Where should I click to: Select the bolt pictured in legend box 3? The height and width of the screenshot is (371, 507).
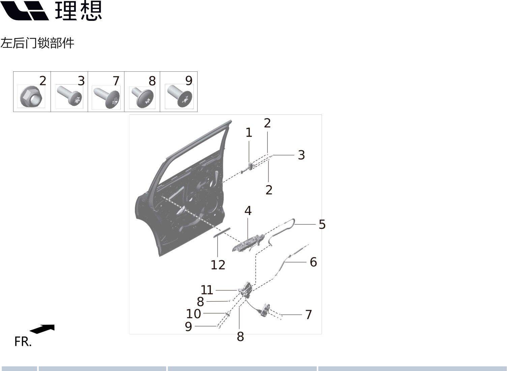pos(69,96)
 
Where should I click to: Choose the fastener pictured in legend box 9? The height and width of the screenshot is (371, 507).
pos(180,96)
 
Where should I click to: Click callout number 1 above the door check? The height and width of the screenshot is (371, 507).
pos(249,133)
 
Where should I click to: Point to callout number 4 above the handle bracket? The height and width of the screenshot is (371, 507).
pos(248,211)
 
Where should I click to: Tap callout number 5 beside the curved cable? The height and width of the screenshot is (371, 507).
pos(322,224)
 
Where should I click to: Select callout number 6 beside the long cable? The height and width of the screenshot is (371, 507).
pos(313,262)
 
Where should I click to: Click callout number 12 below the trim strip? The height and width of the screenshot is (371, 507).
pos(218,265)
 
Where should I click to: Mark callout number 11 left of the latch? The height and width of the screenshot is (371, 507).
pos(207,290)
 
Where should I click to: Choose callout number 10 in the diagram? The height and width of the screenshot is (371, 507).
pos(193,314)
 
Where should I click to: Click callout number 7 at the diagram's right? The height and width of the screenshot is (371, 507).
pos(308,314)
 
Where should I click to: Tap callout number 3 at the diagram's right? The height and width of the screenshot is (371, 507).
pos(301,155)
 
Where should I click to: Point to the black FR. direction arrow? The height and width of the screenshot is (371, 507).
pos(42,329)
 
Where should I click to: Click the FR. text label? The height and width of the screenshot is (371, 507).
pos(23,342)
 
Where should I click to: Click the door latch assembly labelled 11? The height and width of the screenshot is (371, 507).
pos(245,290)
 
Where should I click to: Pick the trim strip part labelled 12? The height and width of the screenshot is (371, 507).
pos(221,232)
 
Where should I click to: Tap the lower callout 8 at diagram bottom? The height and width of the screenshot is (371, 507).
pos(240,336)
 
